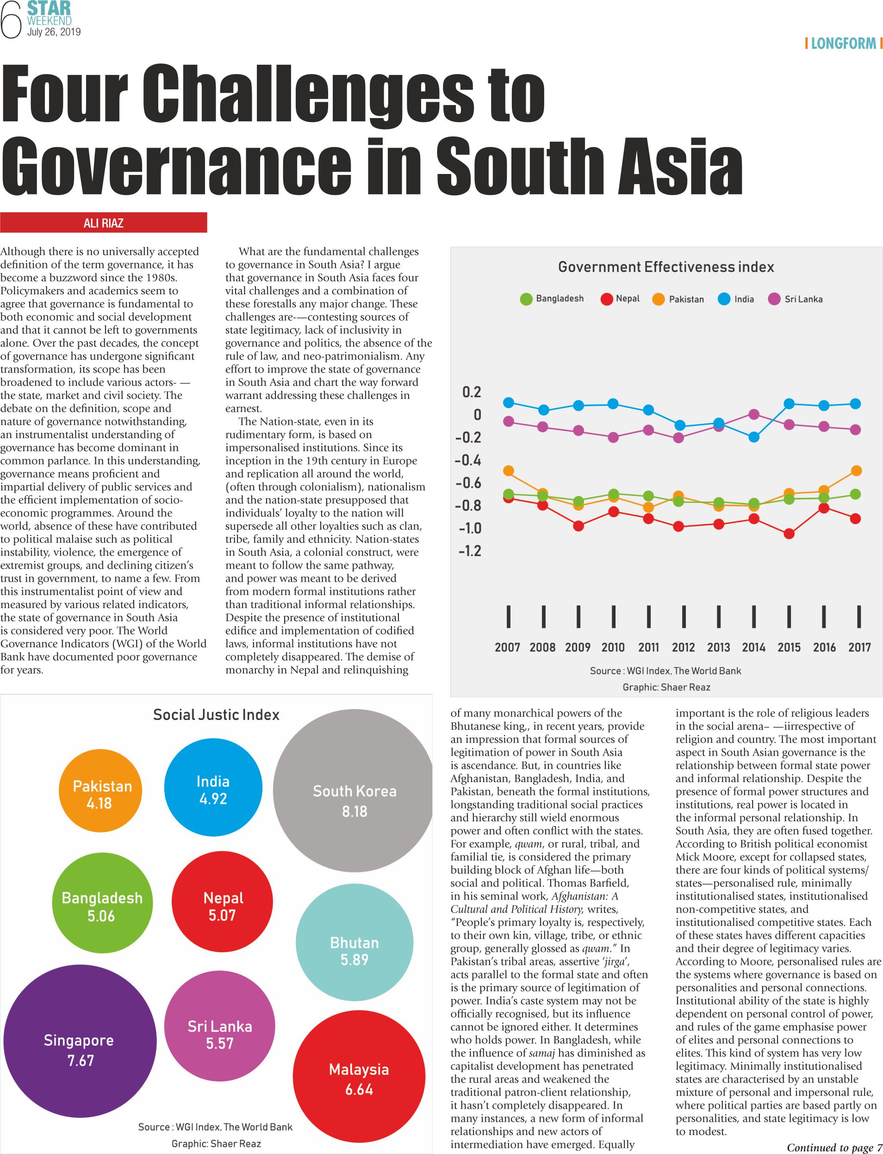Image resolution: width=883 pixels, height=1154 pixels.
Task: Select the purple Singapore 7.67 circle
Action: pyautogui.click(x=80, y=1050)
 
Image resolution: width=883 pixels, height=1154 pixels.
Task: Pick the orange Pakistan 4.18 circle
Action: pyautogui.click(x=100, y=794)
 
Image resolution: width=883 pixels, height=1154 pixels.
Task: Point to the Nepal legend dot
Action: pyautogui.click(x=607, y=299)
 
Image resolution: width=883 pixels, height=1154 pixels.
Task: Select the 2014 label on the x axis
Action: pyautogui.click(x=753, y=647)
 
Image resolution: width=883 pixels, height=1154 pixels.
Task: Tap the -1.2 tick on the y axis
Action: pyautogui.click(x=469, y=551)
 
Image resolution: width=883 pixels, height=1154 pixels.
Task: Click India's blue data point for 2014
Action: pyautogui.click(x=754, y=437)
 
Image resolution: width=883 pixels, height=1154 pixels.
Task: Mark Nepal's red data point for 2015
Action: pyautogui.click(x=789, y=534)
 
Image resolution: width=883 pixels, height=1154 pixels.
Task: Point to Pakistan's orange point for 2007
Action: pyautogui.click(x=509, y=471)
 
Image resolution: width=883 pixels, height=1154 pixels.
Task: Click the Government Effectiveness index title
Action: pyautogui.click(x=666, y=267)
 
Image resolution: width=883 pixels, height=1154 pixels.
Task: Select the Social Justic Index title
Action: pyautogui.click(x=216, y=715)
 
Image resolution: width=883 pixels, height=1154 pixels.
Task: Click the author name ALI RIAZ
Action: pyautogui.click(x=104, y=223)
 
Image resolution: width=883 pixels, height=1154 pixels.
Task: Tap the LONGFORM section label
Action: pyautogui.click(x=843, y=43)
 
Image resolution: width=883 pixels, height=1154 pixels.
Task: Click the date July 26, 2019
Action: pyautogui.click(x=54, y=32)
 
